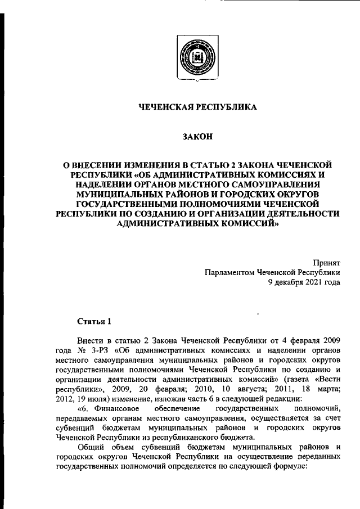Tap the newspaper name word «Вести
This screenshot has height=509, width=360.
click(327, 380)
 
